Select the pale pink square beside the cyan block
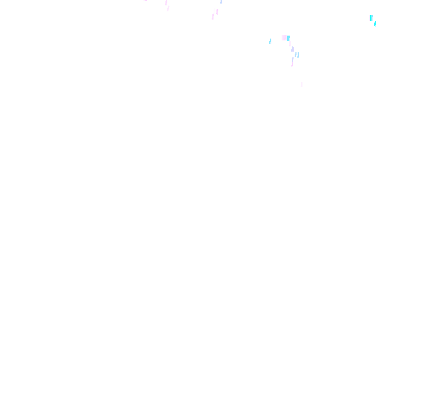pos(284,37)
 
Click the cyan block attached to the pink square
pos(288,38)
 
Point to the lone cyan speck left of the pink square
pos(270,41)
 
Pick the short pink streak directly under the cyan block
pos(289,43)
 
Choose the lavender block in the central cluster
pos(292,49)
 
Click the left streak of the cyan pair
pos(295,55)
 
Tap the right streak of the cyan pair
pos(298,55)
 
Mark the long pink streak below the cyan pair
pos(292,61)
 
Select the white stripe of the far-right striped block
pos(369,18)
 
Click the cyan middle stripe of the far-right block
pos(371,18)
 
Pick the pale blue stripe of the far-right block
pos(372,18)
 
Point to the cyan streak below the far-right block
pos(375,24)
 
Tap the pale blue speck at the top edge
pos(222,2)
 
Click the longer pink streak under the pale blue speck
pos(213,14)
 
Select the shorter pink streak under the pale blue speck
pos(216,11)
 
